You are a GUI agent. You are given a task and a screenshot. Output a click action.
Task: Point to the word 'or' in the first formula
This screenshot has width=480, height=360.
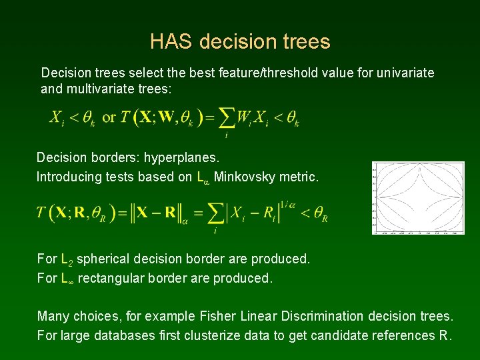pos(109,118)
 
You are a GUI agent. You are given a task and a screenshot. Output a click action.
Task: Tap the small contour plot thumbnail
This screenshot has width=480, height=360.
pos(418,197)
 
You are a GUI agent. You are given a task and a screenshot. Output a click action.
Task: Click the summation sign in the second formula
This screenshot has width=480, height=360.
pos(215,213)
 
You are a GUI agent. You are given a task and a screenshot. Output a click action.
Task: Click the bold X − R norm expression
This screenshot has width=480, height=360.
pos(155,213)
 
